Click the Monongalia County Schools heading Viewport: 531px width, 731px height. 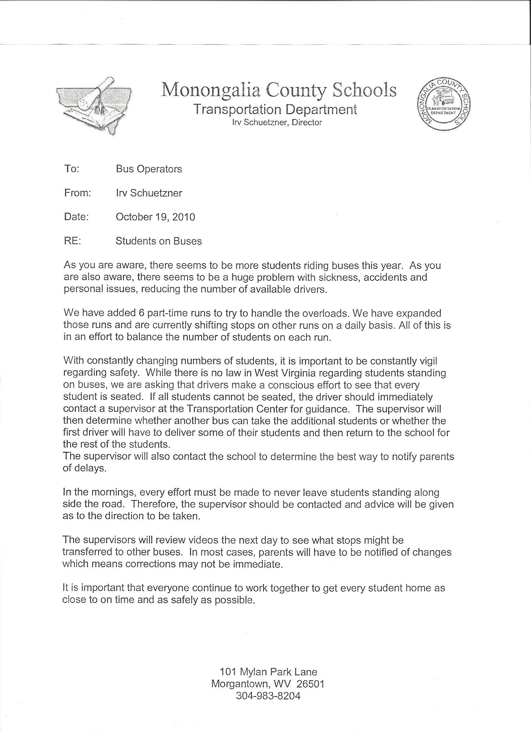(x=279, y=90)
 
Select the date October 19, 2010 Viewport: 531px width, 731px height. (x=155, y=217)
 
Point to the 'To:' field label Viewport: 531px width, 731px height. (x=71, y=169)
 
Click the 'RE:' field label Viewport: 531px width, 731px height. (x=72, y=241)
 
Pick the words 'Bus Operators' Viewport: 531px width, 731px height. (x=149, y=169)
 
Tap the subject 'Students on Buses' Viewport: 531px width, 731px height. (x=158, y=241)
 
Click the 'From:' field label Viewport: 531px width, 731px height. (x=78, y=193)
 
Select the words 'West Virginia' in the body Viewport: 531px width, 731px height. (x=284, y=373)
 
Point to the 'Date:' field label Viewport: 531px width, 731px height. (x=76, y=217)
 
